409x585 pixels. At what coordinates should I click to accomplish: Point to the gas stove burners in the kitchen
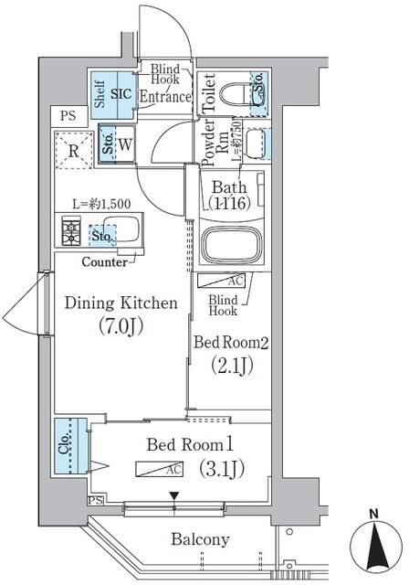[71, 230]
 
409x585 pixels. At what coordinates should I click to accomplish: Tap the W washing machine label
[124, 144]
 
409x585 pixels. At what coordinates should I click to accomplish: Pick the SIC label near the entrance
[122, 92]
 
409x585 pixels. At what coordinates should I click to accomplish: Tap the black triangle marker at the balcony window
[173, 497]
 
